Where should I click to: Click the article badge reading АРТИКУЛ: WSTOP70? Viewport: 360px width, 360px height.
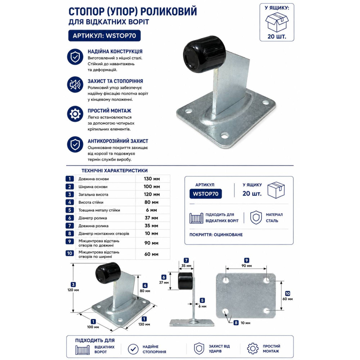[x=104, y=36]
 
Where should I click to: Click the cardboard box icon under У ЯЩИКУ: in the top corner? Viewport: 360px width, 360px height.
[x=276, y=22]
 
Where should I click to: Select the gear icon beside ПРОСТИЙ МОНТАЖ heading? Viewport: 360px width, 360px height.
[x=75, y=114]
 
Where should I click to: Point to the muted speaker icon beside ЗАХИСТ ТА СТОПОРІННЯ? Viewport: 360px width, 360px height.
[x=75, y=85]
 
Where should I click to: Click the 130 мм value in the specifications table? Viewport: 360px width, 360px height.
[x=152, y=179]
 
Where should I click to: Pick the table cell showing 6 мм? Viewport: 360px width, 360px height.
[x=152, y=210]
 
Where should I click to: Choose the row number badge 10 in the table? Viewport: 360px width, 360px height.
[x=69, y=253]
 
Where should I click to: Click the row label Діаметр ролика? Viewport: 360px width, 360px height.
[x=93, y=218]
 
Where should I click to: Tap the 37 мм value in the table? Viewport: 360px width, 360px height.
[x=152, y=218]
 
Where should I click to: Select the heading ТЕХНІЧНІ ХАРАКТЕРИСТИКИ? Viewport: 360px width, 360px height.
[x=114, y=171]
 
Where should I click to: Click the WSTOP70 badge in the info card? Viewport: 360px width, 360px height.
[x=206, y=194]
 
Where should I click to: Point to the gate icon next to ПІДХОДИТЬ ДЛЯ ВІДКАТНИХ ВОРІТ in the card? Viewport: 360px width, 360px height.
[x=196, y=218]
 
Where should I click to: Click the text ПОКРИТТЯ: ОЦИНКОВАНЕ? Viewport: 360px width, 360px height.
[x=216, y=235]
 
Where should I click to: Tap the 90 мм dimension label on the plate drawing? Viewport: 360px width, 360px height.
[x=247, y=266]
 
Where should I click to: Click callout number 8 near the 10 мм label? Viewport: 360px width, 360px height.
[x=236, y=323]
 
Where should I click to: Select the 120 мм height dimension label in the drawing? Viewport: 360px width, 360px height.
[x=73, y=290]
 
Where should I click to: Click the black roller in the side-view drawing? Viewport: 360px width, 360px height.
[x=185, y=281]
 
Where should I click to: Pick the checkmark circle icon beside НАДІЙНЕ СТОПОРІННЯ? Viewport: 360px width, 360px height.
[x=133, y=349]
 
